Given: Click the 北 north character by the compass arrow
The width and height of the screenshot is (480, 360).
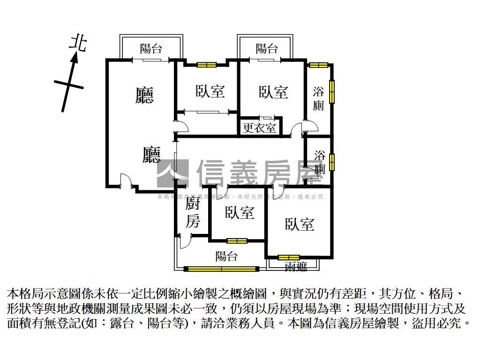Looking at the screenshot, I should (x=78, y=43).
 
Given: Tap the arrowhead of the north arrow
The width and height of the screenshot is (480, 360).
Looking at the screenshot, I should (x=74, y=58).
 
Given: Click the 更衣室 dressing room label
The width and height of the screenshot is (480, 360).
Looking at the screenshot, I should (x=259, y=127).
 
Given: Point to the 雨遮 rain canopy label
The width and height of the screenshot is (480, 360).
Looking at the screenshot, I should (x=296, y=267).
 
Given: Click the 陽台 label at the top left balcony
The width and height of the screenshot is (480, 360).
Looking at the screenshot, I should (x=151, y=48).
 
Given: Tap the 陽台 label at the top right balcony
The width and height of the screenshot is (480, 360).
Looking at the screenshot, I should (x=267, y=48).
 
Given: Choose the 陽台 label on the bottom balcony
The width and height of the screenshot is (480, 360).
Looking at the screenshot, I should (x=226, y=256).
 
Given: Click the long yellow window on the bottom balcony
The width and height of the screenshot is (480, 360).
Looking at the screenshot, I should (x=222, y=269).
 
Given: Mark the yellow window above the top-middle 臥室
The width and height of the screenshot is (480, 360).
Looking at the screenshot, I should (x=206, y=65).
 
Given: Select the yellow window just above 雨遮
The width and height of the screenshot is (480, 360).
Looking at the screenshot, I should (x=288, y=257).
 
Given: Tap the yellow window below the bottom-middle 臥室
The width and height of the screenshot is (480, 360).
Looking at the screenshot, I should (x=237, y=241).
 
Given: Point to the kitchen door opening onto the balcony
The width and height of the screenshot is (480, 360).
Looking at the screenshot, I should (x=184, y=241).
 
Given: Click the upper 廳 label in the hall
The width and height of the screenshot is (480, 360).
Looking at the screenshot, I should (x=144, y=95).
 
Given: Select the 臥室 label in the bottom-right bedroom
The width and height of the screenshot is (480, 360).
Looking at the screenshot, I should (x=300, y=224).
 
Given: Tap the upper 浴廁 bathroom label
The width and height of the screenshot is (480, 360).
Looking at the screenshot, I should (x=318, y=98).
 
